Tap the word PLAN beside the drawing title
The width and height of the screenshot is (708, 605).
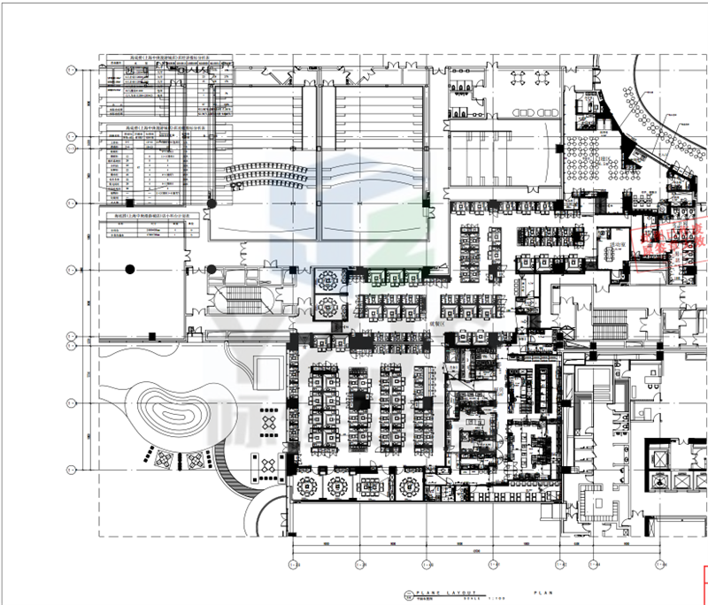point(541,592)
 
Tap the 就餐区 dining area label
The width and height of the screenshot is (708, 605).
point(413,325)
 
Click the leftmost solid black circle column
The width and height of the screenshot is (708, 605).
point(130,268)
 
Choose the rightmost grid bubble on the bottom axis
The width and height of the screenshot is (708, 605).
point(661,564)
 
